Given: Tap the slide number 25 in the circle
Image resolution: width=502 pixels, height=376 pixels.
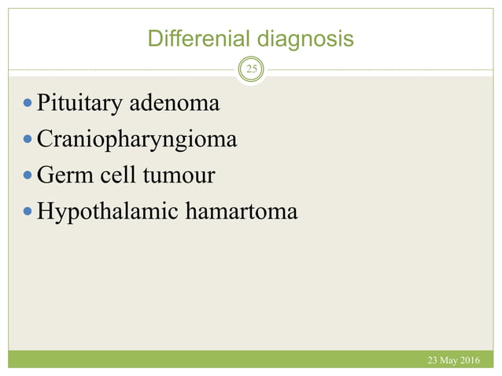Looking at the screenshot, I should pos(252,70).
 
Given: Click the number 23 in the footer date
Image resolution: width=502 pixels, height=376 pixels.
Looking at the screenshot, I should pos(433,360).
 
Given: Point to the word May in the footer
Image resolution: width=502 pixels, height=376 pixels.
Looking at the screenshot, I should pos(451,360).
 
